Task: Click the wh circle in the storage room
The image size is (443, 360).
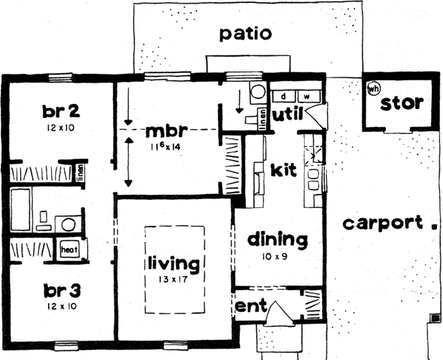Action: (372, 90)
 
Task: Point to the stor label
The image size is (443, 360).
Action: (402, 103)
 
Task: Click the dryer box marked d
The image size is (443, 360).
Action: (284, 97)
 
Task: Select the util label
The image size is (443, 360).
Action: (286, 115)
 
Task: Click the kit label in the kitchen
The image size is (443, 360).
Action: (283, 170)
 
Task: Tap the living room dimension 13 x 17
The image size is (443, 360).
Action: (174, 279)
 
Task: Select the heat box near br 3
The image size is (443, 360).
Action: (69, 250)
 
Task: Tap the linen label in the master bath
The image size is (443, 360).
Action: (264, 119)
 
